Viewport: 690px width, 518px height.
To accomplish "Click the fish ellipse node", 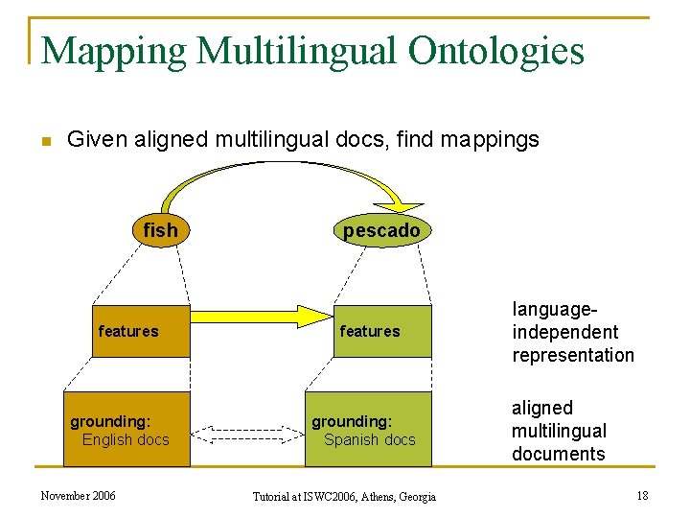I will click(x=160, y=230).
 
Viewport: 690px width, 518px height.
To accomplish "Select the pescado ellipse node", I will click(x=381, y=230).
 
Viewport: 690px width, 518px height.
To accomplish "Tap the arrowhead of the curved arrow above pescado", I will click(x=410, y=205).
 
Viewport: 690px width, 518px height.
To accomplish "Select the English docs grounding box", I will click(x=126, y=430).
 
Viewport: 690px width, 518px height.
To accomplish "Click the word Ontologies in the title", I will click(x=495, y=51).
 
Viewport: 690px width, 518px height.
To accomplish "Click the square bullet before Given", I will click(x=44, y=142).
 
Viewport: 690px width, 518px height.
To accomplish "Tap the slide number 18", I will click(x=641, y=495).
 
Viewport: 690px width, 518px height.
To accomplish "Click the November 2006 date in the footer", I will click(x=78, y=495).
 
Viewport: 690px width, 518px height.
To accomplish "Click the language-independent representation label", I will click(x=573, y=332).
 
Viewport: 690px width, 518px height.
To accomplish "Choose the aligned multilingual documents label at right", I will click(x=559, y=431).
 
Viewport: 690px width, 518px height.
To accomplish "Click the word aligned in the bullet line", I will click(x=171, y=139).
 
